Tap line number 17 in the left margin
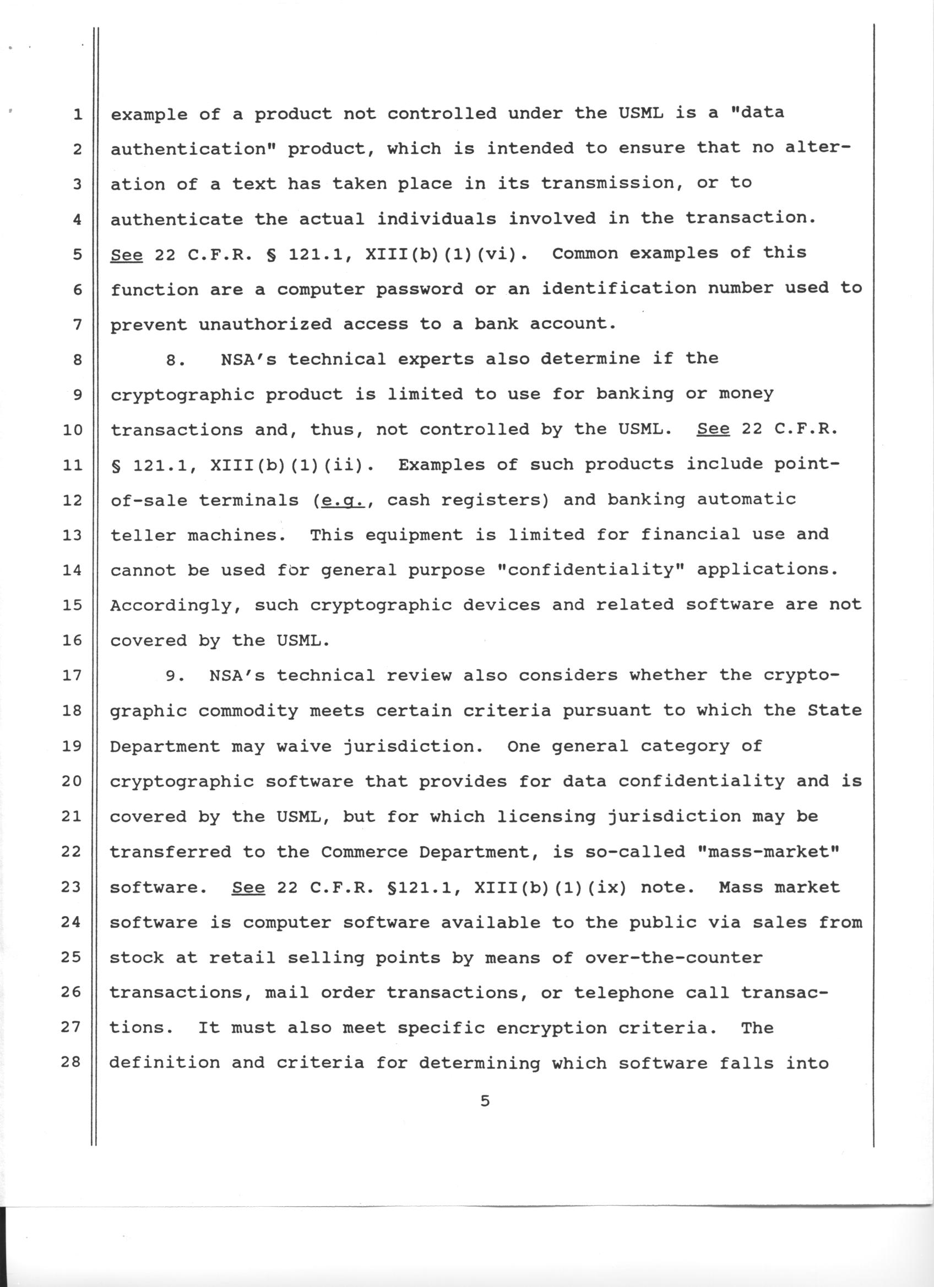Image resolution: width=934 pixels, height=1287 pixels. (x=72, y=675)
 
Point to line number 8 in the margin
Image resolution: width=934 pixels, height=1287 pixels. (x=77, y=360)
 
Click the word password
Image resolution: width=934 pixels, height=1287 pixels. (x=419, y=289)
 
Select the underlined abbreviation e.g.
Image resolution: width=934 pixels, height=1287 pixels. (x=340, y=501)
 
